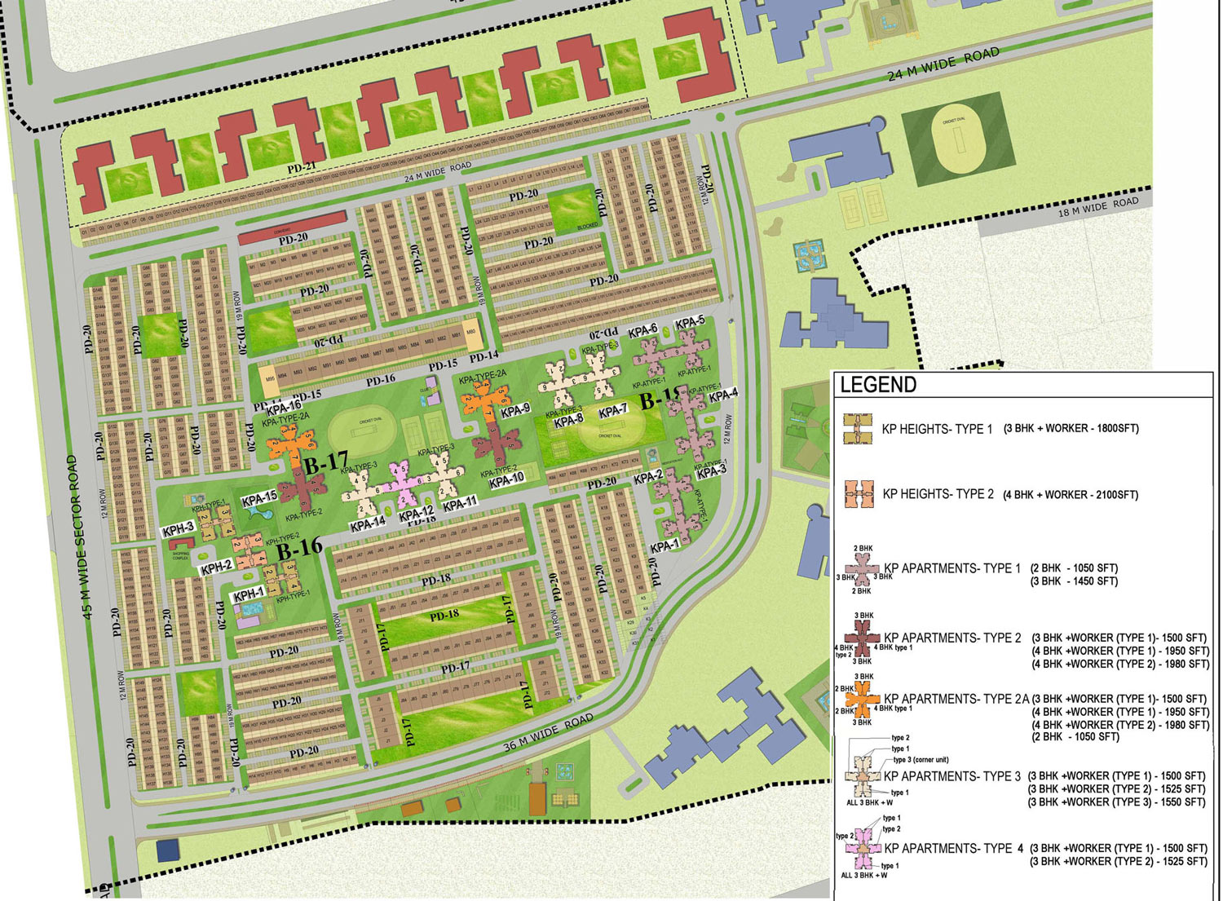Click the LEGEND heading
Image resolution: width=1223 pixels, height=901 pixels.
878,385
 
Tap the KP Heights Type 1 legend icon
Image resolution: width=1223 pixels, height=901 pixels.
857,428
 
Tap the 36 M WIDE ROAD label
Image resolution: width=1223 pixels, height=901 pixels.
547,733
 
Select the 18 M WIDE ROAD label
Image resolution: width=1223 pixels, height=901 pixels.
1097,205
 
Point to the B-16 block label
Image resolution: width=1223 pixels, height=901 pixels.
299,547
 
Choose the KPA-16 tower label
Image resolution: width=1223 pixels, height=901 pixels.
284,406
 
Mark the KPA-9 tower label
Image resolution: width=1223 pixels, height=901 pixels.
515,410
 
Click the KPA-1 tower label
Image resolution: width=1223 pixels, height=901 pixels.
664,545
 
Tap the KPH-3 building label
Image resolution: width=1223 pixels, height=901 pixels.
178,530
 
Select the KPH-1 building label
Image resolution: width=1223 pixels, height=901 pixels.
249,595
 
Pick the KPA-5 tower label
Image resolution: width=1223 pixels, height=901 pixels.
690,322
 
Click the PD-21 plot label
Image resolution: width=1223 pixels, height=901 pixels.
302,167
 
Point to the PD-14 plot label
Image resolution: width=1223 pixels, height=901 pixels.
483,356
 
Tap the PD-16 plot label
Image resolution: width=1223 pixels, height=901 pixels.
380,379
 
